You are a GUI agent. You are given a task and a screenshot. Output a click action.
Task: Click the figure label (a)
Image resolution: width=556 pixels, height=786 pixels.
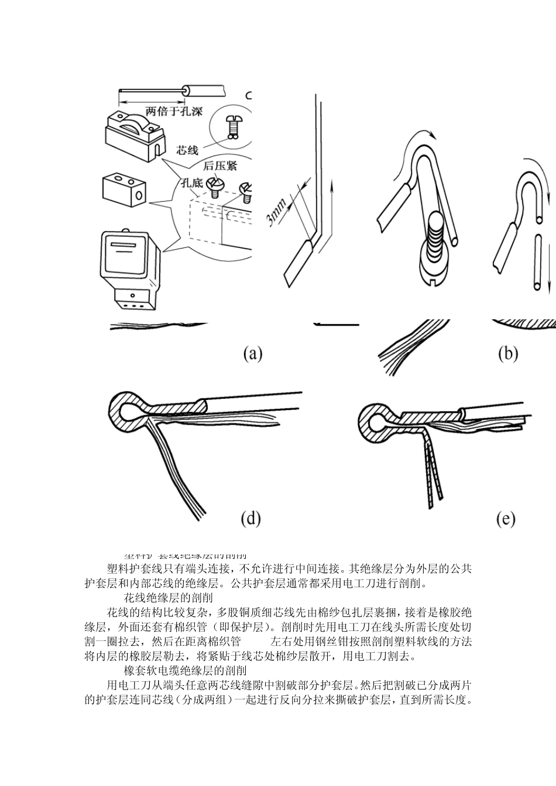coord(252,353)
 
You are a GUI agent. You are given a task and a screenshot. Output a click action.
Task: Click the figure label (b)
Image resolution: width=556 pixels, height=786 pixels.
coord(507,353)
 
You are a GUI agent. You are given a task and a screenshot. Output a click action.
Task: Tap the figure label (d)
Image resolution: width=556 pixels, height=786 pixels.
coord(250,518)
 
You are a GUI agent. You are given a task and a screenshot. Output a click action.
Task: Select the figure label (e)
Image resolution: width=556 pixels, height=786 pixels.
coord(505,519)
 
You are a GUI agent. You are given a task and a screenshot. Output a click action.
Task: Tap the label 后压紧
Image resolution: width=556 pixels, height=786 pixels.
coord(220,166)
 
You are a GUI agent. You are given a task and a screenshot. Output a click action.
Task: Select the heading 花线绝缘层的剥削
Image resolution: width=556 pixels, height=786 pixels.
coord(169,598)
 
